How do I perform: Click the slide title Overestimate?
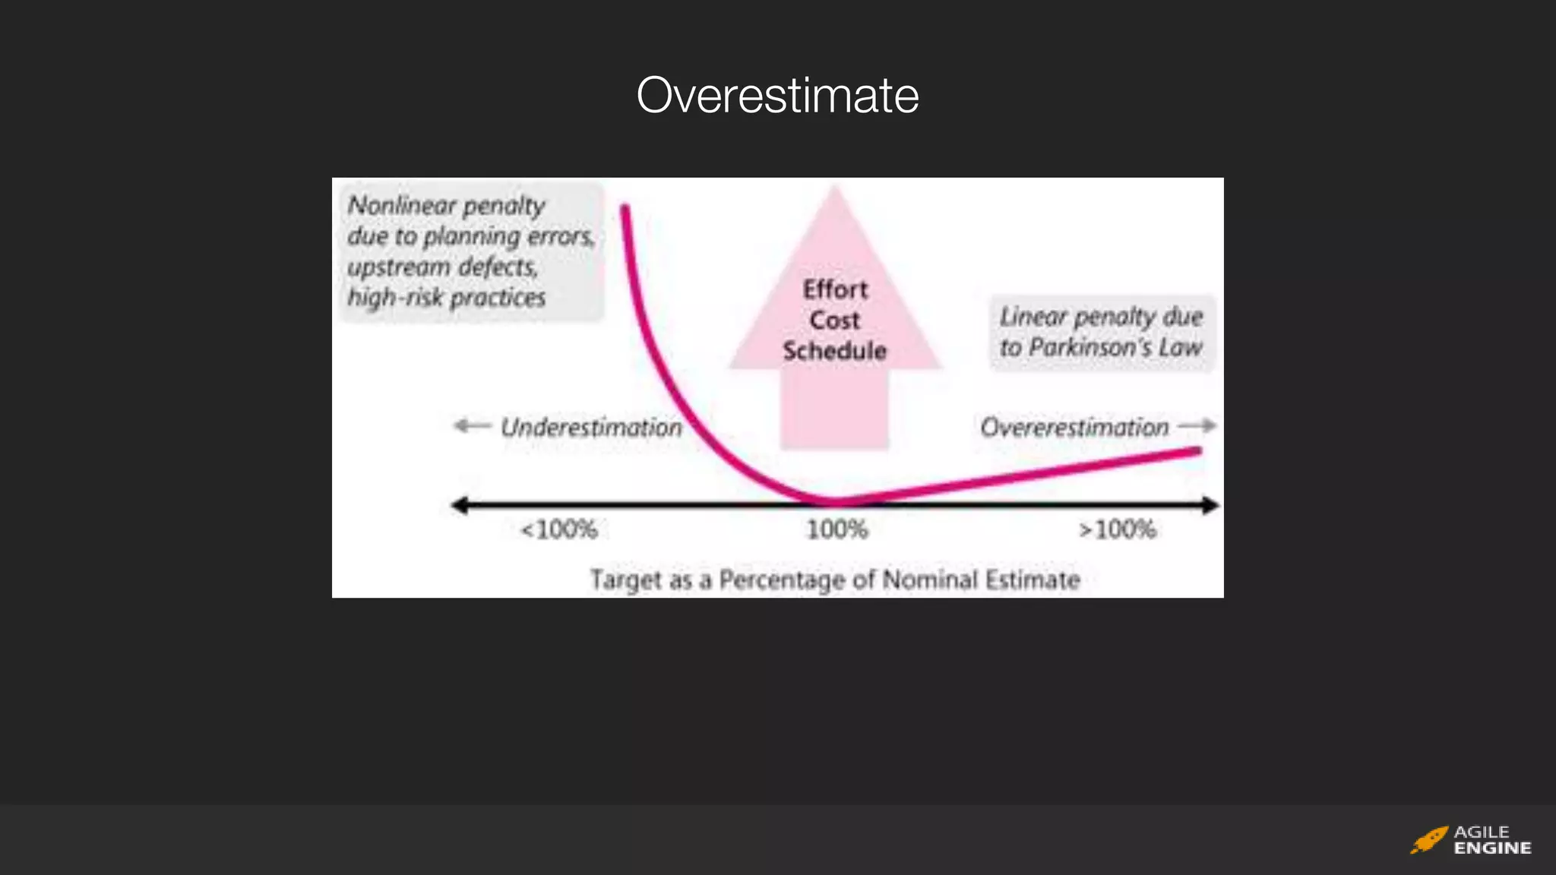[777, 96]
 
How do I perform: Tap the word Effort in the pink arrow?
[835, 289]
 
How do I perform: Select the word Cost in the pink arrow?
[834, 321]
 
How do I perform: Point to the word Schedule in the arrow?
[834, 351]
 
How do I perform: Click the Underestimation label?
[591, 428]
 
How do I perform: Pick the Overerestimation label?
[1074, 428]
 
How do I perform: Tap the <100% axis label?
[558, 529]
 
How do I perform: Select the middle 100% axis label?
[837, 529]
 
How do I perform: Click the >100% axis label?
[1118, 529]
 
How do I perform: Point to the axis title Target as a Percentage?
[835, 580]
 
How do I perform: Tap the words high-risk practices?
[446, 298]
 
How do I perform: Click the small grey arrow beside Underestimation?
[472, 426]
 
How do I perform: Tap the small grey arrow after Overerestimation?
[1197, 426]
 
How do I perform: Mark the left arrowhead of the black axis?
[459, 505]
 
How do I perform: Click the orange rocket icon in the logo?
[1428, 840]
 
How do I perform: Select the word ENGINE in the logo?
[1492, 848]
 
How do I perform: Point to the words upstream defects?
[442, 267]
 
